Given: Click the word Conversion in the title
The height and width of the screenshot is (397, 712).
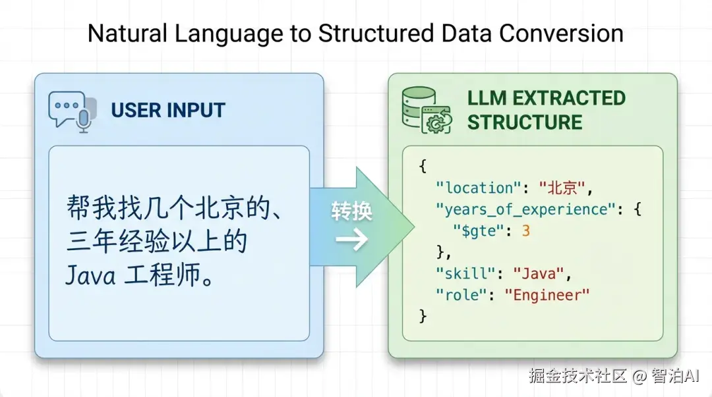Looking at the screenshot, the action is click(561, 33).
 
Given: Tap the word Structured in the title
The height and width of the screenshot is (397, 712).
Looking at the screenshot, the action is click(376, 33).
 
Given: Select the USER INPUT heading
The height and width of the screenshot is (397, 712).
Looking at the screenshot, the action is click(168, 110).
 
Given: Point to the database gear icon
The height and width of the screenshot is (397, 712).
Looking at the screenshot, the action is click(427, 110).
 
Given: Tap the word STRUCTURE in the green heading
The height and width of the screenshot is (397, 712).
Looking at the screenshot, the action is click(525, 122).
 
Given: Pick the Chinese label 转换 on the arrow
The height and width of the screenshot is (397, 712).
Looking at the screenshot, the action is click(351, 211).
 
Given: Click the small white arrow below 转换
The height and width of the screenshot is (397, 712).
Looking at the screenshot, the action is click(351, 239).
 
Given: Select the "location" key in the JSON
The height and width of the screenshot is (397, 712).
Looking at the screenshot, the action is click(478, 188).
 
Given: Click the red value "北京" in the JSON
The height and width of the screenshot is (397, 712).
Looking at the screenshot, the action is click(562, 188).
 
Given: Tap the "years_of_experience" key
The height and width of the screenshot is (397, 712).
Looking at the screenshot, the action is click(525, 209).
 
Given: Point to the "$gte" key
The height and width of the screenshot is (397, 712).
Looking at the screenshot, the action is click(479, 231).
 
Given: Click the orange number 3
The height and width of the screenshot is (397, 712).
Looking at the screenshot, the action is click(526, 231).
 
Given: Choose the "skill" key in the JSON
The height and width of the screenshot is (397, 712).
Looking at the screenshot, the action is click(465, 274).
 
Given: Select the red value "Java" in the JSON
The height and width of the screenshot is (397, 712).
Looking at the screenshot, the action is click(539, 274).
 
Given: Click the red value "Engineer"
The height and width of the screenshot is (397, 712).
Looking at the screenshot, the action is click(547, 296).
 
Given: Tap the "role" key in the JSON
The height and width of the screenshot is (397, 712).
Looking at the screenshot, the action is click(460, 296).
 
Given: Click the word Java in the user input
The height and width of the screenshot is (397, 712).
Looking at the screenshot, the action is click(90, 275).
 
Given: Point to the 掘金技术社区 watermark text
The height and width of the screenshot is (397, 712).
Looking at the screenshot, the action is click(578, 376).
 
